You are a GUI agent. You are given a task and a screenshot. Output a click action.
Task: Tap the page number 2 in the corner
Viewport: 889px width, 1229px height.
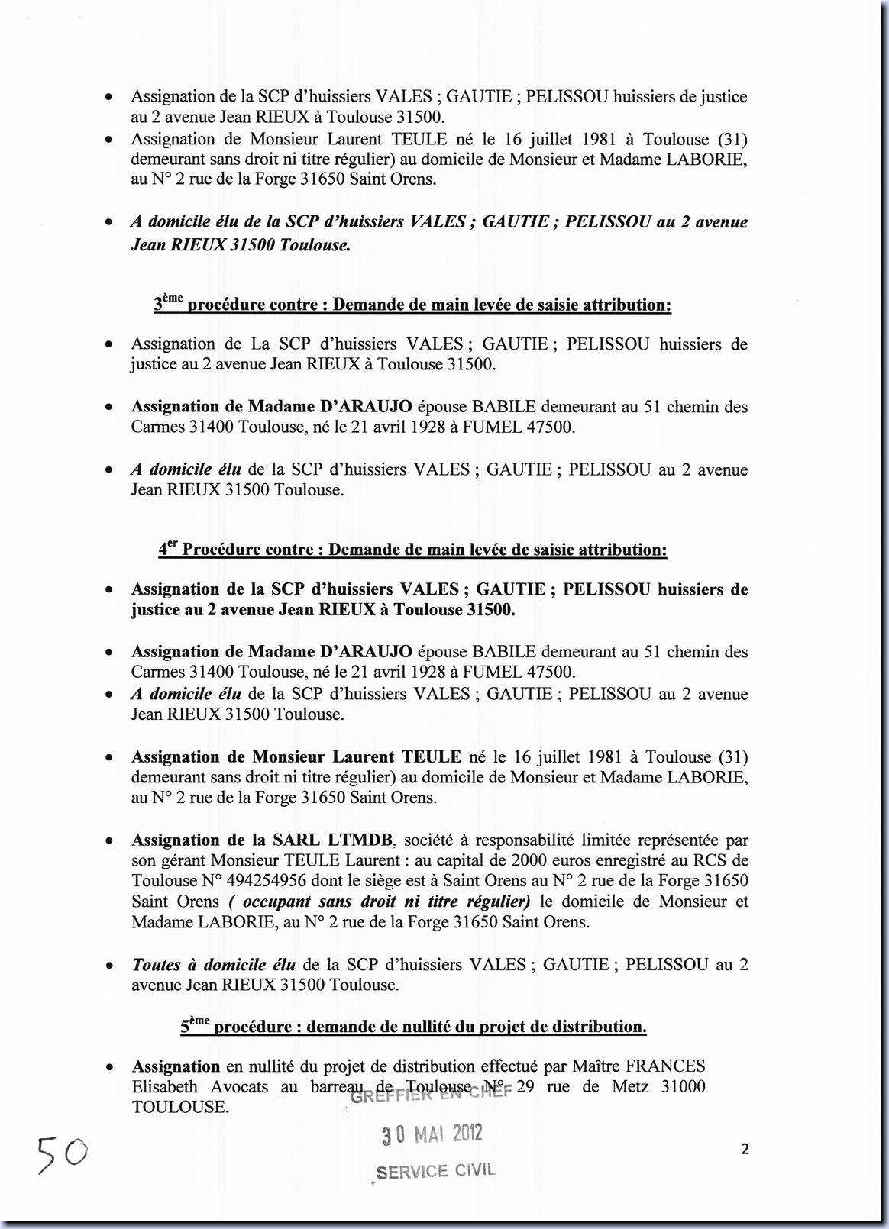click(745, 1150)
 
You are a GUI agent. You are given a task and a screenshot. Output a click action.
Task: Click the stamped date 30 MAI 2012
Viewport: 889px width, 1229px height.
click(432, 1134)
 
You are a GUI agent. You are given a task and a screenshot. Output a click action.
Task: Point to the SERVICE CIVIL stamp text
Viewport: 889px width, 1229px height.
click(437, 1171)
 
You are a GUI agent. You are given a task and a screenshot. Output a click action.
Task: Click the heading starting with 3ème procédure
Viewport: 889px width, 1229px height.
click(412, 305)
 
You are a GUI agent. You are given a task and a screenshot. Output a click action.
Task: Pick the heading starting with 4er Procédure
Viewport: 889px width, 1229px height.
click(412, 550)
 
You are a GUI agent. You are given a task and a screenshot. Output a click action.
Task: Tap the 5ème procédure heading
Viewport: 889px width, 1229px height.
click(413, 1027)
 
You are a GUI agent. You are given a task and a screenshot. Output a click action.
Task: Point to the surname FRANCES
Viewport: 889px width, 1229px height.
click(665, 1066)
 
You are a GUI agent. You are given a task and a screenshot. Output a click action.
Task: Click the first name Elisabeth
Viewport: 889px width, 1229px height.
click(165, 1087)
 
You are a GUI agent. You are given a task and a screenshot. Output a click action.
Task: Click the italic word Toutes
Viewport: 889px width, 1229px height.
click(157, 965)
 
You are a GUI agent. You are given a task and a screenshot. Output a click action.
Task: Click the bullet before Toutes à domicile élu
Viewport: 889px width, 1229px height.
click(111, 966)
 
